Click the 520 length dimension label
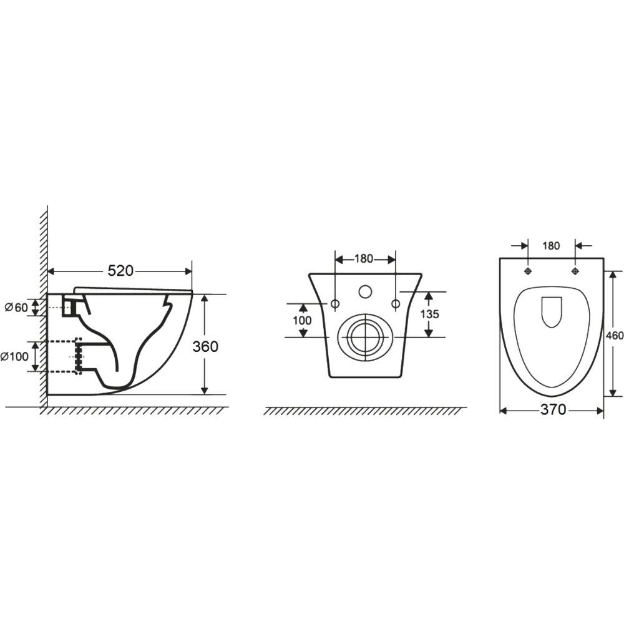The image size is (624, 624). [120, 271]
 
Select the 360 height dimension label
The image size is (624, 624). [205, 346]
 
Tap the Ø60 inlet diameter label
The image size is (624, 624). [16, 307]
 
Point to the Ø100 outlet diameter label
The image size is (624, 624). [14, 356]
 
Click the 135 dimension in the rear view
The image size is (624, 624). [429, 314]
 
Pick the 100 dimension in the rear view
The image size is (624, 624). [302, 320]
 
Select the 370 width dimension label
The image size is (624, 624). [553, 409]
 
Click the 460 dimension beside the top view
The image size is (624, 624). [615, 336]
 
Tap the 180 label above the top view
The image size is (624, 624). [551, 246]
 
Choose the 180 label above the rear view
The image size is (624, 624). [364, 259]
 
